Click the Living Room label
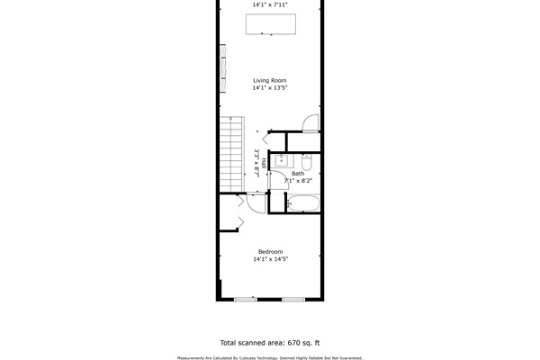(270, 81)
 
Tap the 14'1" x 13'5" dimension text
(270, 88)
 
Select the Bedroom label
(270, 252)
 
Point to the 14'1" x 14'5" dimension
(270, 259)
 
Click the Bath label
(298, 174)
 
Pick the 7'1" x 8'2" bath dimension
(298, 181)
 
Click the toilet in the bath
(307, 162)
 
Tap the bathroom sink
(282, 160)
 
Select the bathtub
(303, 203)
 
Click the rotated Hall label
(264, 163)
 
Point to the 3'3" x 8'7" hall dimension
(256, 163)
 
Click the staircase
(232, 154)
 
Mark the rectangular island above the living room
(271, 24)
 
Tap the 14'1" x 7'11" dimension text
(270, 4)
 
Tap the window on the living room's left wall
(223, 68)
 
